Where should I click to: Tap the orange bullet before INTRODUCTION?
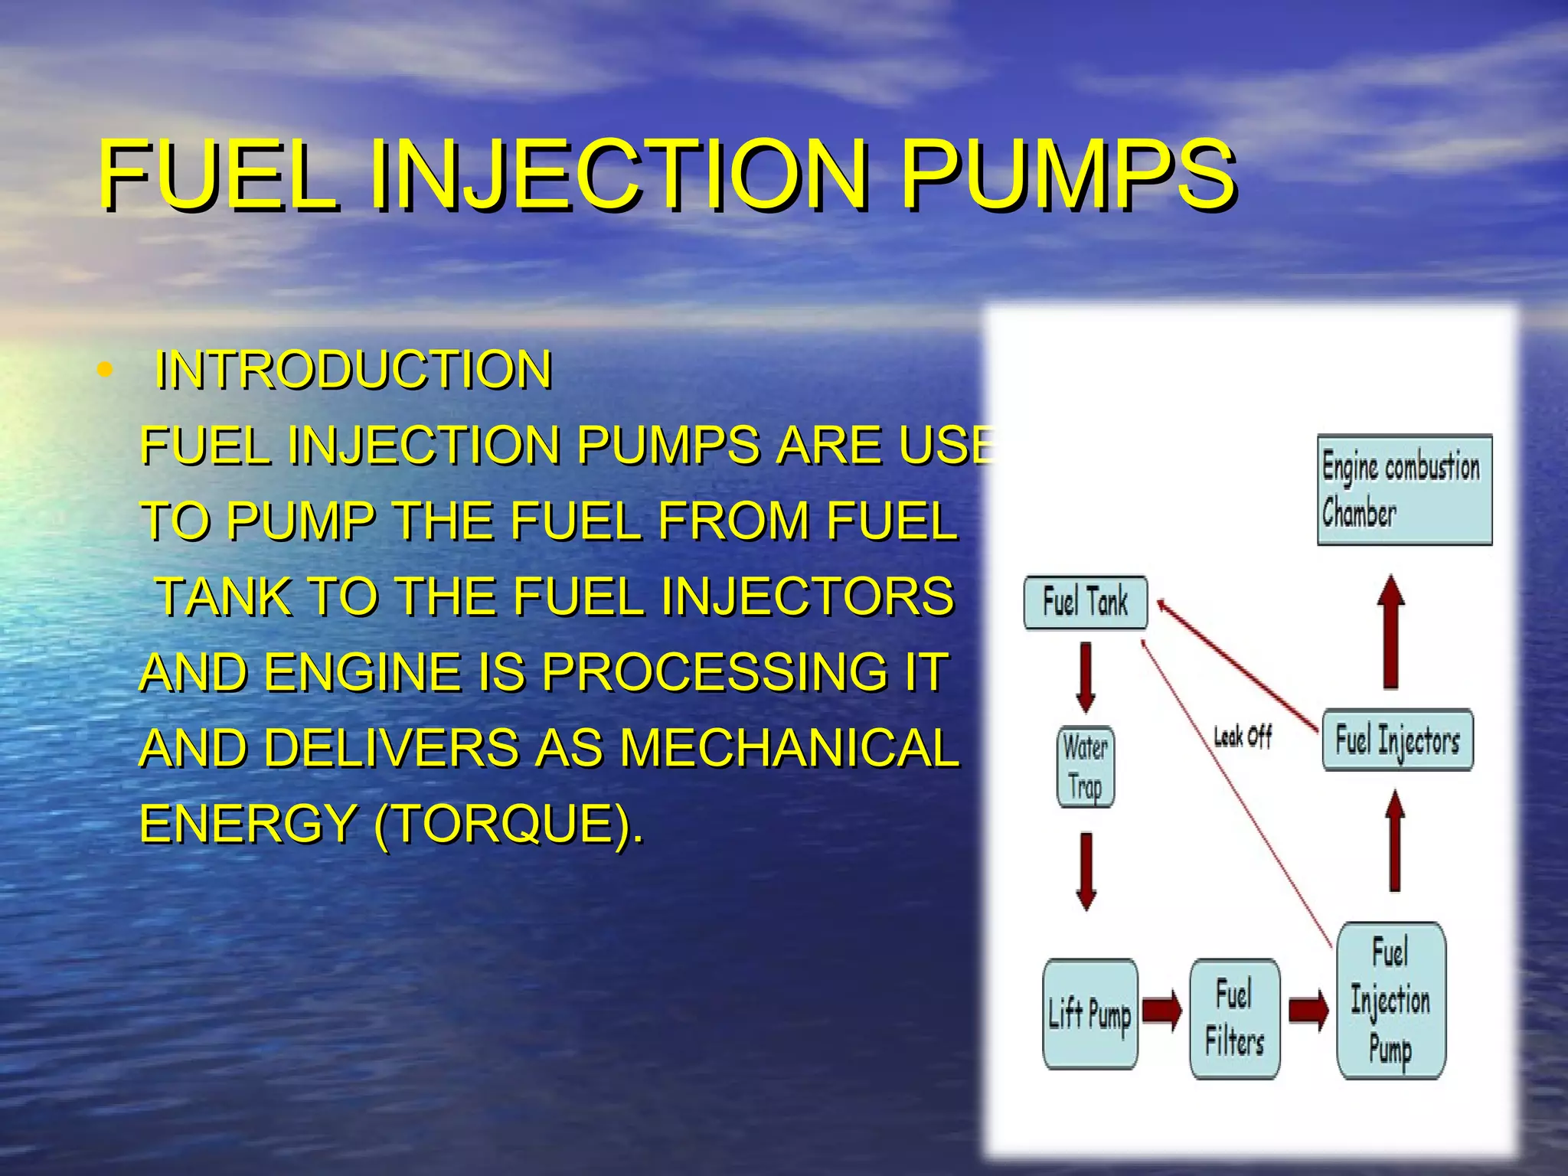(105, 371)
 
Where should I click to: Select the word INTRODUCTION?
(353, 370)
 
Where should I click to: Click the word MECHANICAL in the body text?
(789, 748)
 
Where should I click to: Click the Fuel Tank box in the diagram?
(1086, 603)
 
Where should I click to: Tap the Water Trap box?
(1086, 766)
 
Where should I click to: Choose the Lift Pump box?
(1089, 1014)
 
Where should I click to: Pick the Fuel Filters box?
(1234, 1019)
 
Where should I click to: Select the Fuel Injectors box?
(1397, 740)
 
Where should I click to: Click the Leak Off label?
(1242, 737)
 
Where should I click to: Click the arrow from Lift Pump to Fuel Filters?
(1162, 1011)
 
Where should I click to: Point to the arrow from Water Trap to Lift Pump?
(1086, 871)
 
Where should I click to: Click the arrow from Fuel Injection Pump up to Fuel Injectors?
(1395, 841)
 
